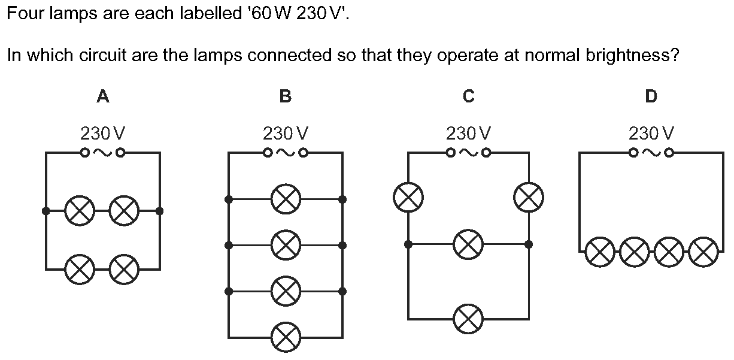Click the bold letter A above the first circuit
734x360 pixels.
click(103, 96)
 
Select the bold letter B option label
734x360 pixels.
click(286, 96)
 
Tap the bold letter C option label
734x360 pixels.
click(469, 96)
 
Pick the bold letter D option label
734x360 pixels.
click(651, 96)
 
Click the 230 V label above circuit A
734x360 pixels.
click(102, 134)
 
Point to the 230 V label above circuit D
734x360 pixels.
click(651, 134)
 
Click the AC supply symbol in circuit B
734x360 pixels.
click(286, 153)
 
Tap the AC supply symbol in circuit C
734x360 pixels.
click(469, 153)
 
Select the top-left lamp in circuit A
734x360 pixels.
click(80, 211)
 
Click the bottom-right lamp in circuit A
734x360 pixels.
click(124, 270)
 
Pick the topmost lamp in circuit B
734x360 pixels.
click(286, 199)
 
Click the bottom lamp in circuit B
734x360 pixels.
click(286, 337)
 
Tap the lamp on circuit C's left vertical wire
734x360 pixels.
click(408, 198)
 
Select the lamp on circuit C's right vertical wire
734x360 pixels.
click(529, 198)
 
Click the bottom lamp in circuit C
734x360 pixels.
click(468, 319)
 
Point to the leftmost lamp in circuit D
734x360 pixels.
click(600, 252)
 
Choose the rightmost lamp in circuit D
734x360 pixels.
click(703, 252)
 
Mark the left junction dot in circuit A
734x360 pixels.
click(46, 211)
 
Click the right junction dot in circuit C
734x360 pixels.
click(529, 244)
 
